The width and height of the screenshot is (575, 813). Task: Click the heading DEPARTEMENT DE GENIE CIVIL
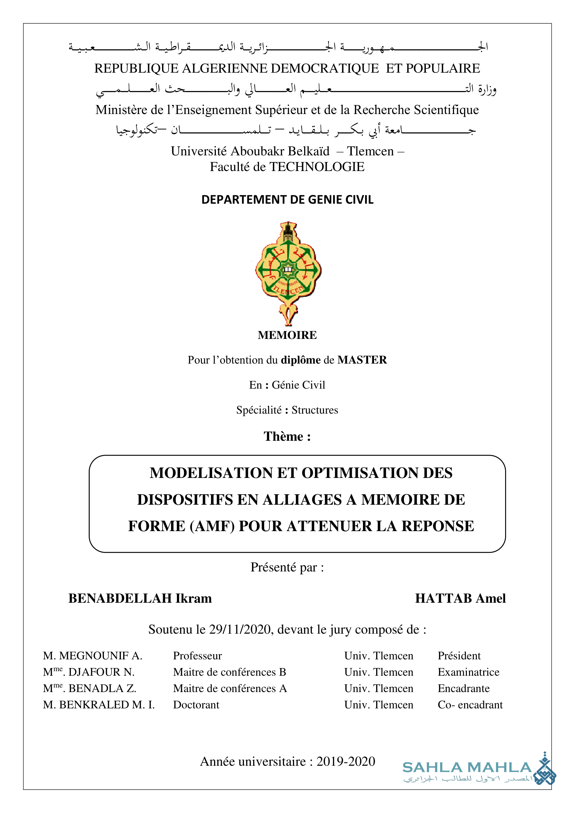pos(287,200)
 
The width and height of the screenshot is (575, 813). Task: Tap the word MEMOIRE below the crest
pos(287,335)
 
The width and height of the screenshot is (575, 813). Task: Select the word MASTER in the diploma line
pos(362,360)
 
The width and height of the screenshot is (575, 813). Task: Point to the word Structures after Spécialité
pos(315,410)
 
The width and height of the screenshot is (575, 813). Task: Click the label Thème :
pos(287,437)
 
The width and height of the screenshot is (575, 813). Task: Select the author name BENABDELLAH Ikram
pos(140,599)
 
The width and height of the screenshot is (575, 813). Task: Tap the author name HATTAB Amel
pos(460,599)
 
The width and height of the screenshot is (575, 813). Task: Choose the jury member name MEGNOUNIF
pos(94,656)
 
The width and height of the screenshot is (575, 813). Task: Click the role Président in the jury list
pos(459,656)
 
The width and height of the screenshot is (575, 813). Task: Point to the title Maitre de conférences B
pos(229,672)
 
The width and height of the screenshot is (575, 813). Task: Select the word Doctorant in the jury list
pos(196,705)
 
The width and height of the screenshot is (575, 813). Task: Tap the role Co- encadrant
pos(470,705)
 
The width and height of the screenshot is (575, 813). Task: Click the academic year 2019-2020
pos(346,761)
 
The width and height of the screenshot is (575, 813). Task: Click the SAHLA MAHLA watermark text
pos(467,768)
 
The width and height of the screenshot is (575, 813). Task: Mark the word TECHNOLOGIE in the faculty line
pos(317,167)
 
